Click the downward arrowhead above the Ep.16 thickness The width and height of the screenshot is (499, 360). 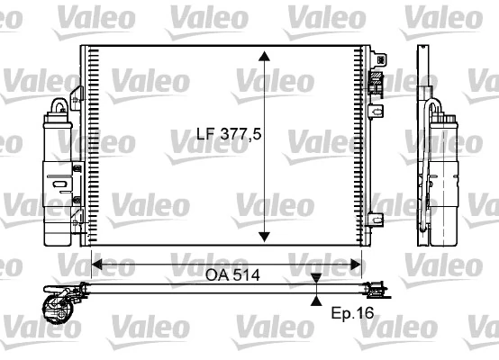[316, 278]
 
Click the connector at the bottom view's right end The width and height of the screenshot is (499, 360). [379, 290]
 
